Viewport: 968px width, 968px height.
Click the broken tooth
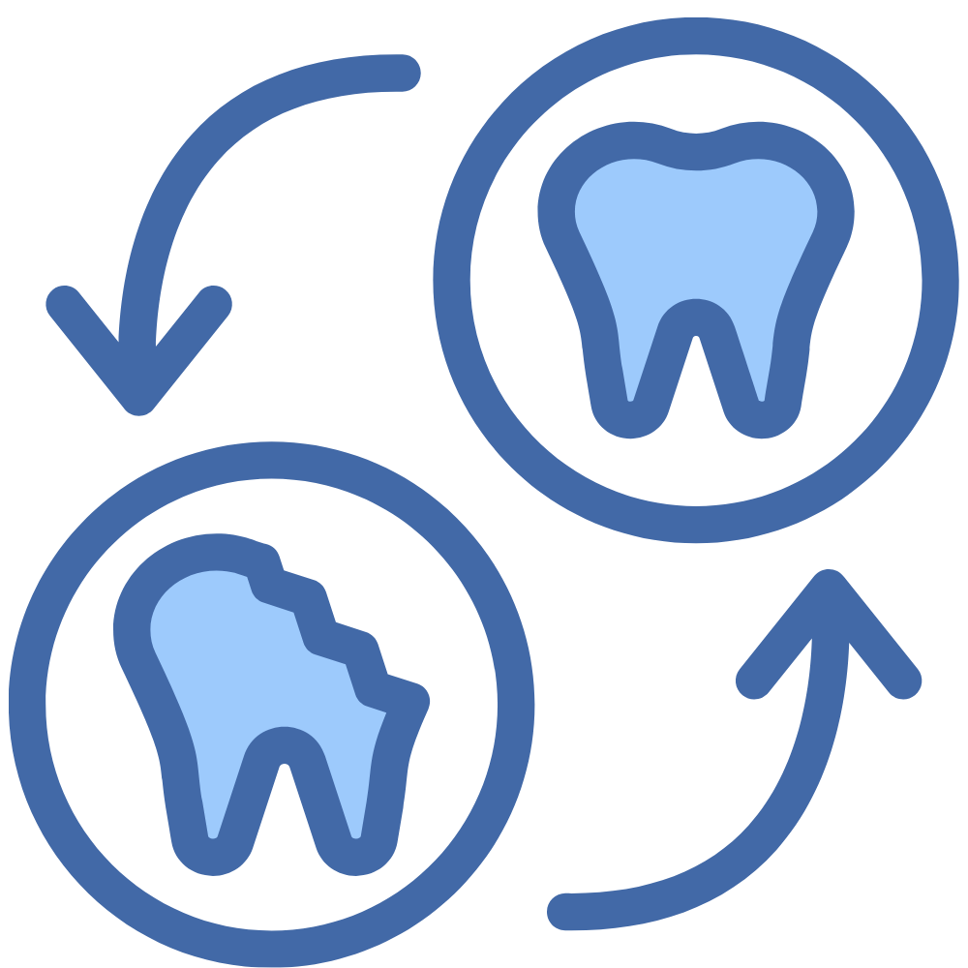[252, 678]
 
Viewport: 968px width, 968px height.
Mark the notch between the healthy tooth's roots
[696, 324]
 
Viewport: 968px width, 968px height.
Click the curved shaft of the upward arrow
[774, 813]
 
